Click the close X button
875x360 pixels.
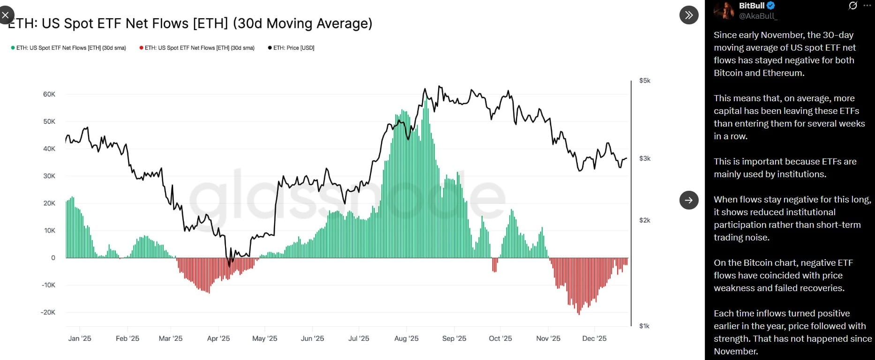click(x=5, y=15)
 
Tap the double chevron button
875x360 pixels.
click(x=688, y=15)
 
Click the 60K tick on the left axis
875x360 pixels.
click(x=49, y=94)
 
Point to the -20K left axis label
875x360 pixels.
click(x=48, y=312)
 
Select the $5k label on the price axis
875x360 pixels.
click(x=645, y=81)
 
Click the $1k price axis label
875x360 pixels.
click(x=644, y=326)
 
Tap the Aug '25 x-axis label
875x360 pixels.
click(x=407, y=338)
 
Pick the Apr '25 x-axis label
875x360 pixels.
click(x=219, y=338)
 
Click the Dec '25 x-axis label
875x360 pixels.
click(x=594, y=338)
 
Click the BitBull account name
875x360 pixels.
click(x=752, y=6)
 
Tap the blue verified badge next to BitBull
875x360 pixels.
click(x=771, y=6)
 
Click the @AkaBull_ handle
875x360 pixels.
click(x=758, y=16)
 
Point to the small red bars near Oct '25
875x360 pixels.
click(x=494, y=265)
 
